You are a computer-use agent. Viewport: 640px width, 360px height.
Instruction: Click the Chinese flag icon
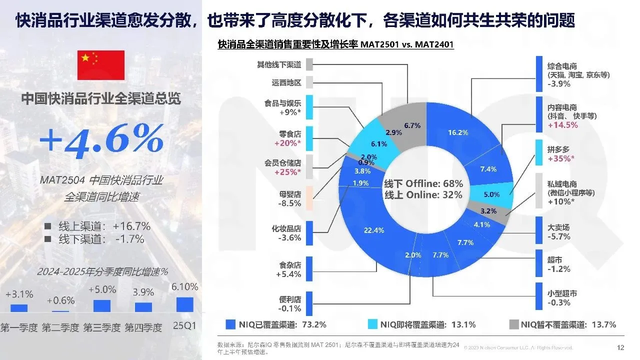pos(100,65)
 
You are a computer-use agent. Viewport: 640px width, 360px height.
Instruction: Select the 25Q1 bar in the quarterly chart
pos(184,304)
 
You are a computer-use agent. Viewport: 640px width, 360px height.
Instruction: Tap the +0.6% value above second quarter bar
pos(60,300)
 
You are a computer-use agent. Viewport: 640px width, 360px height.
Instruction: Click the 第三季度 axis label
pos(101,328)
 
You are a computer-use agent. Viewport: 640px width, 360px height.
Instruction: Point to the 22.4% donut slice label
pos(374,230)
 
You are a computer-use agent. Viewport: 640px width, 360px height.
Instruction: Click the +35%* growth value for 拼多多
pos(561,159)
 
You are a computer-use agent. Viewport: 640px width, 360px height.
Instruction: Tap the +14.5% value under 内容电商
pos(563,125)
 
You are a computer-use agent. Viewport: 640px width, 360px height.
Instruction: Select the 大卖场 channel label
pos(558,227)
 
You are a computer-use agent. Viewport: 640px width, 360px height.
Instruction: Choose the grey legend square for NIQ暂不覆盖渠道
pos(514,324)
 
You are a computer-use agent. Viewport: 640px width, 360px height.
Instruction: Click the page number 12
pos(620,347)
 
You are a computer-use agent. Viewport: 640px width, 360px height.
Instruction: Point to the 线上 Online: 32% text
pos(423,195)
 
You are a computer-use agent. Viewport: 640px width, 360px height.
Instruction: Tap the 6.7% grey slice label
pos(412,125)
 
